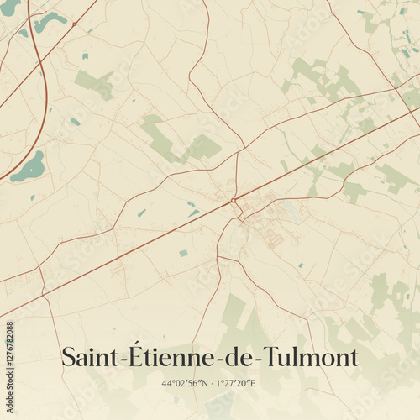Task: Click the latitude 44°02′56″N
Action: [185, 384]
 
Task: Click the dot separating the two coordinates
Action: [210, 384]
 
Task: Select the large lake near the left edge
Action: [29, 167]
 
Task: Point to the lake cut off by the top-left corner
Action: [8, 7]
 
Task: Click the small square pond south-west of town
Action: [183, 253]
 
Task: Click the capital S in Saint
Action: [69, 357]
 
